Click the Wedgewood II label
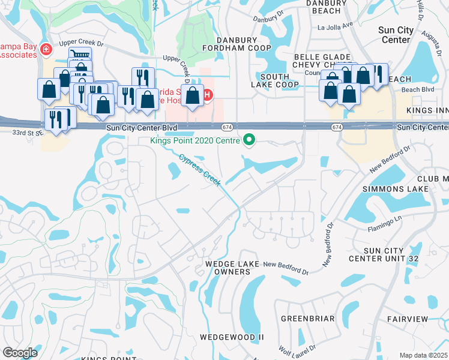232,338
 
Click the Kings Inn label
427,111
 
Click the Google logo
20,353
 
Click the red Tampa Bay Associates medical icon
46,50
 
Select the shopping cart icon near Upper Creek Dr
80,56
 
